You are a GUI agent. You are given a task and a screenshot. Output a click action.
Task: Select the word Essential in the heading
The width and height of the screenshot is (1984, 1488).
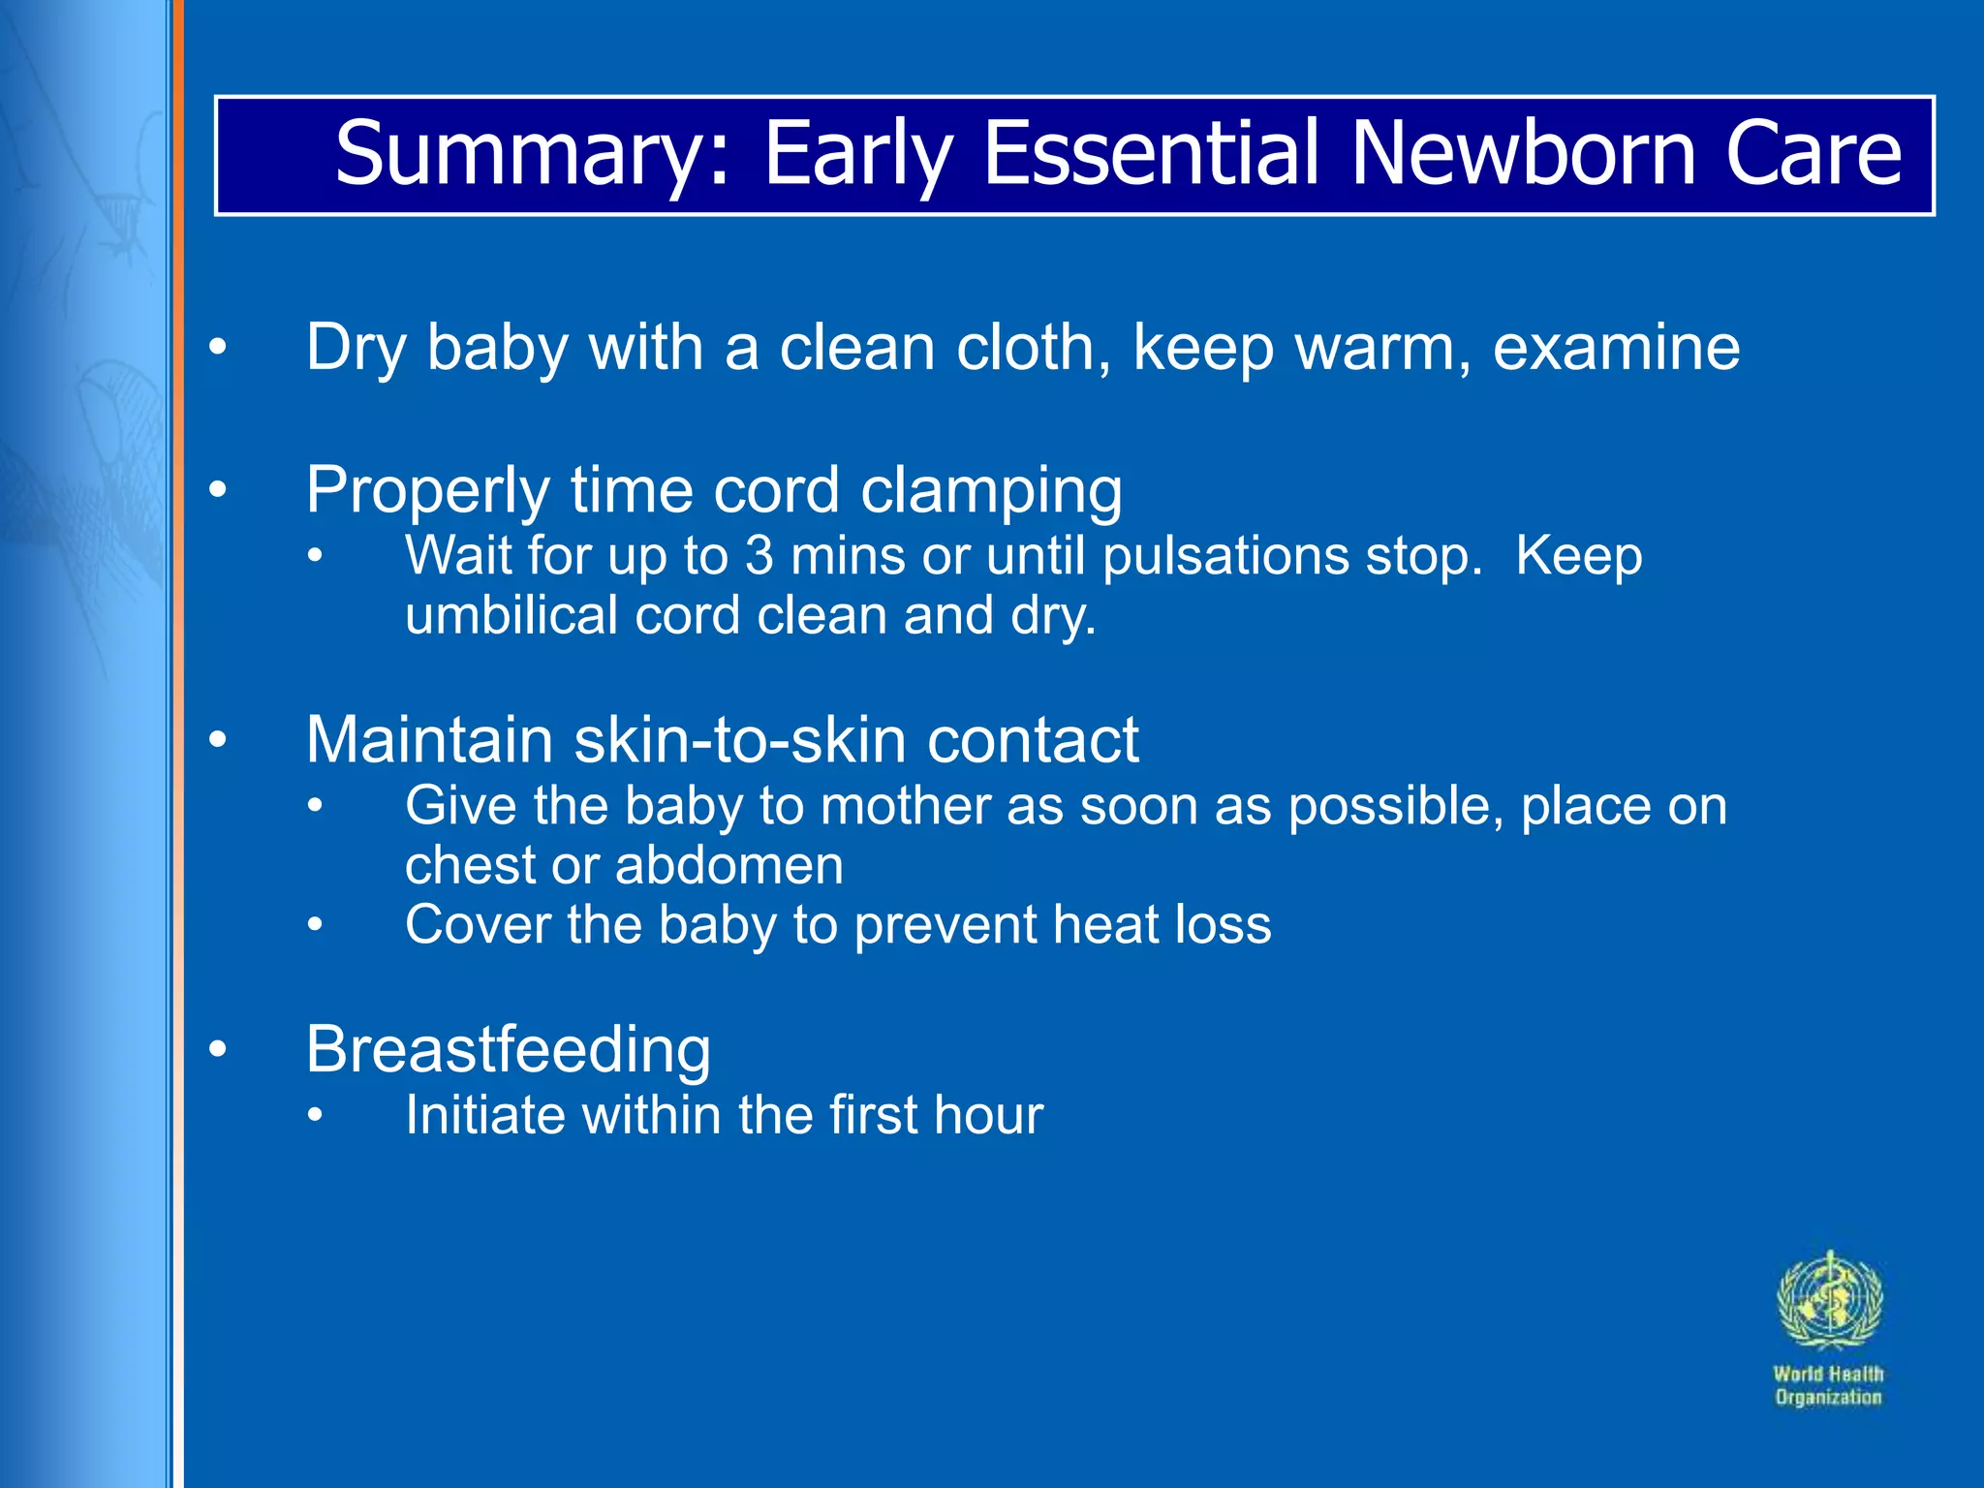point(1152,153)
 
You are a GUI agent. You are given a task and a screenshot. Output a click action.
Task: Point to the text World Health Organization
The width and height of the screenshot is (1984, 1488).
point(1828,1385)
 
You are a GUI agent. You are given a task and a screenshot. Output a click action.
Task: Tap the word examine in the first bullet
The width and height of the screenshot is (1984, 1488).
point(1616,347)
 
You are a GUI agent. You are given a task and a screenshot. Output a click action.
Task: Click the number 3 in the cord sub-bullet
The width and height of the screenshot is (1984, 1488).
point(759,556)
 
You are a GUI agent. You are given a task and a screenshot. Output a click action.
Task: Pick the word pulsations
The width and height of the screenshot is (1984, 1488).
point(1224,556)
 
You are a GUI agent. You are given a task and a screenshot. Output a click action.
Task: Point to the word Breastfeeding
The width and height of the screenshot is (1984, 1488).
point(508,1049)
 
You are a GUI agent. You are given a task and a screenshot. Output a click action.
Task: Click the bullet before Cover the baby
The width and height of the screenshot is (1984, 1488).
point(315,925)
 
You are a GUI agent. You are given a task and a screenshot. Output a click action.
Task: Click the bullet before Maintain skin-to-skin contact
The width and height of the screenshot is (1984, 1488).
point(218,740)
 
